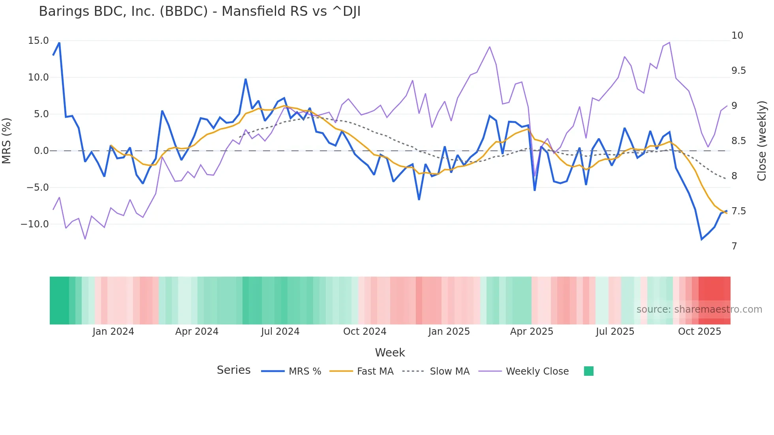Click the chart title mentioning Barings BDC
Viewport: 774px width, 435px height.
(x=199, y=11)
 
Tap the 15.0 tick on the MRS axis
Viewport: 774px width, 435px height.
(x=38, y=41)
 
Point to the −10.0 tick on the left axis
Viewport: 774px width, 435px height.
(x=35, y=224)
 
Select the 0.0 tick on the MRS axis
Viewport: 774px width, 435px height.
(x=41, y=151)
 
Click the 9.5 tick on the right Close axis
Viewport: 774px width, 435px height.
(x=738, y=71)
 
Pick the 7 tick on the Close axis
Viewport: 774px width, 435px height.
(x=734, y=246)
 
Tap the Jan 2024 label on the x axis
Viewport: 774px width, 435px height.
(x=113, y=332)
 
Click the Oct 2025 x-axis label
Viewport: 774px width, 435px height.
(x=699, y=332)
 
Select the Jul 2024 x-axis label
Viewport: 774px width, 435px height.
(x=280, y=332)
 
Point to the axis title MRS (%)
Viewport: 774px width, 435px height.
(x=7, y=141)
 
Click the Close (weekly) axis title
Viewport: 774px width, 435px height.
(x=762, y=141)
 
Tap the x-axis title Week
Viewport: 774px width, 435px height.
(x=390, y=352)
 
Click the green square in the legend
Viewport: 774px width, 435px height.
(x=588, y=371)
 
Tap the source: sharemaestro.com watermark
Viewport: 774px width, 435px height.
(x=699, y=309)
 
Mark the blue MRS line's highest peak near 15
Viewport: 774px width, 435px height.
(x=59, y=43)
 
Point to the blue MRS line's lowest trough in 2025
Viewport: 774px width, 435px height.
(x=702, y=240)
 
